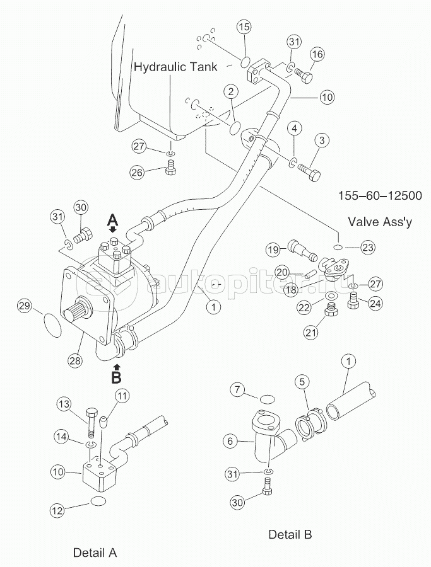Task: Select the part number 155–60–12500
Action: [376, 196]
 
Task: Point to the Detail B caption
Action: [290, 535]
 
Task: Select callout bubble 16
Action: [317, 55]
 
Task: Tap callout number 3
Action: [321, 139]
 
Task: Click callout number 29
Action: [24, 306]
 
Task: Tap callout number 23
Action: [368, 247]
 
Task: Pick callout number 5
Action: [302, 381]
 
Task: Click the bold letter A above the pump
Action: [112, 219]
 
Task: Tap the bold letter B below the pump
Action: [116, 377]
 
